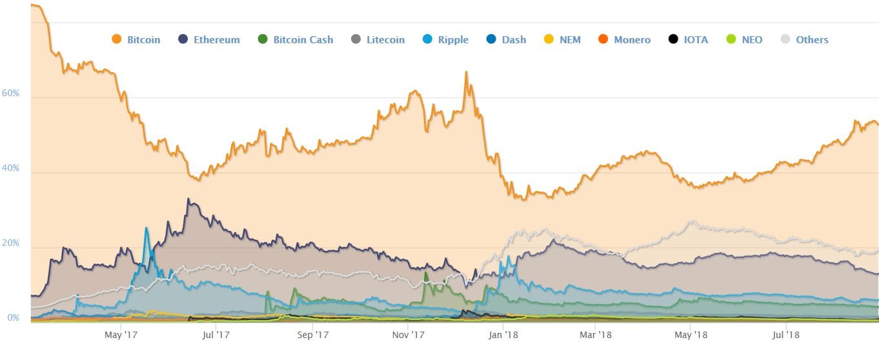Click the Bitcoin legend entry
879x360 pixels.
pos(136,39)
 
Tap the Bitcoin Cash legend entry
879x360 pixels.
pos(296,39)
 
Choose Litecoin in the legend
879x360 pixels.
pos(378,39)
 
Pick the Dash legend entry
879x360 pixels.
pos(506,39)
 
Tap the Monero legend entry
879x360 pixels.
pos(624,39)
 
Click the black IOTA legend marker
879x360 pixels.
pos(673,39)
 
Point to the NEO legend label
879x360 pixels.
pos(753,39)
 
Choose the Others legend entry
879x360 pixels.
pos(804,39)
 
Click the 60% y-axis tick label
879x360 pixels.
pos(10,94)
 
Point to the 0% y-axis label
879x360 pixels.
pos(13,317)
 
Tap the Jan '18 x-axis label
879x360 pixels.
pos(503,335)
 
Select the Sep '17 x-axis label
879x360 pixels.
pos(313,335)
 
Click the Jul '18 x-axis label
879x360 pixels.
pos(785,335)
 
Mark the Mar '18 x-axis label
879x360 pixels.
pos(595,335)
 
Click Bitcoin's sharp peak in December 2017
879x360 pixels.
pos(466,72)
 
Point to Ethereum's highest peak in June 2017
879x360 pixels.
pos(188,199)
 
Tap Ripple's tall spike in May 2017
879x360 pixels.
pos(146,228)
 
